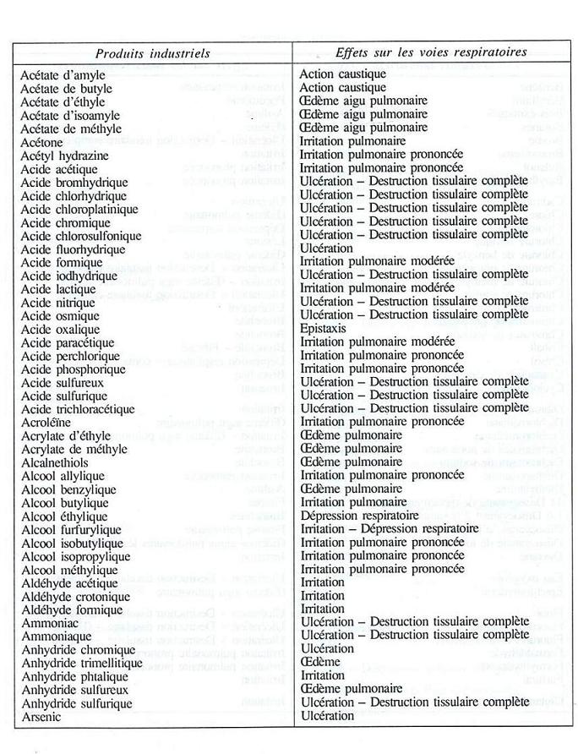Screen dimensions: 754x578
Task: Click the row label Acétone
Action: point(43,142)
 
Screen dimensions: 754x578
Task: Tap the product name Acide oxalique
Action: point(60,329)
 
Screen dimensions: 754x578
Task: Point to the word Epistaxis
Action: point(324,328)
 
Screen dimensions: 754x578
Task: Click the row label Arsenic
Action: point(42,717)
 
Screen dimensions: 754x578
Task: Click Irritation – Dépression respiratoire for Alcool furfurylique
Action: point(389,528)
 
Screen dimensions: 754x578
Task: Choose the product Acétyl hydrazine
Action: point(67,156)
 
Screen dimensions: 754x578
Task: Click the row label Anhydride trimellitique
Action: point(82,663)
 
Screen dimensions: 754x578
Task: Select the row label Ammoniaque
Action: point(56,636)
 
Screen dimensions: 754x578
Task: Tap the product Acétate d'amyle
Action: point(63,75)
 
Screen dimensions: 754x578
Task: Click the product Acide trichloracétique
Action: point(78,408)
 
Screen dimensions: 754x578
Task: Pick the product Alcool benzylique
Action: point(68,489)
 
